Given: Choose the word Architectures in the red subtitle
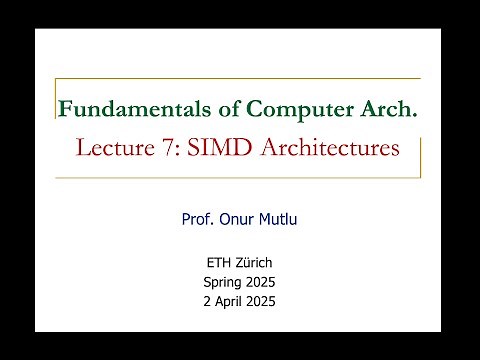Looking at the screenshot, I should pyautogui.click(x=323, y=148).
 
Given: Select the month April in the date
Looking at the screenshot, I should pyautogui.click(x=229, y=301).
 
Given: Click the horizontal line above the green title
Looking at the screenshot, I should pyautogui.click(x=240, y=80).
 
